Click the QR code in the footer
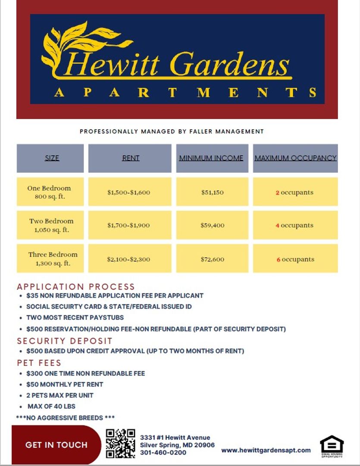121,443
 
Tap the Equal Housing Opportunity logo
332,445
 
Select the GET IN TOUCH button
56,445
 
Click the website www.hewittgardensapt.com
266,450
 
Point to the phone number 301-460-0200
163,453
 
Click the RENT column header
131,158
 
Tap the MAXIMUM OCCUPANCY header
295,158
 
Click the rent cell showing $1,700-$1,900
129,225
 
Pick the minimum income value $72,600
213,259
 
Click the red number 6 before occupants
279,260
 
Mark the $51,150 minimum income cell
213,192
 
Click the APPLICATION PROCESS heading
76,287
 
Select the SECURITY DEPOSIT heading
65,341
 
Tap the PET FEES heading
39,362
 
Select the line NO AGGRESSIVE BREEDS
65,418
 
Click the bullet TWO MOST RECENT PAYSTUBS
75,318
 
